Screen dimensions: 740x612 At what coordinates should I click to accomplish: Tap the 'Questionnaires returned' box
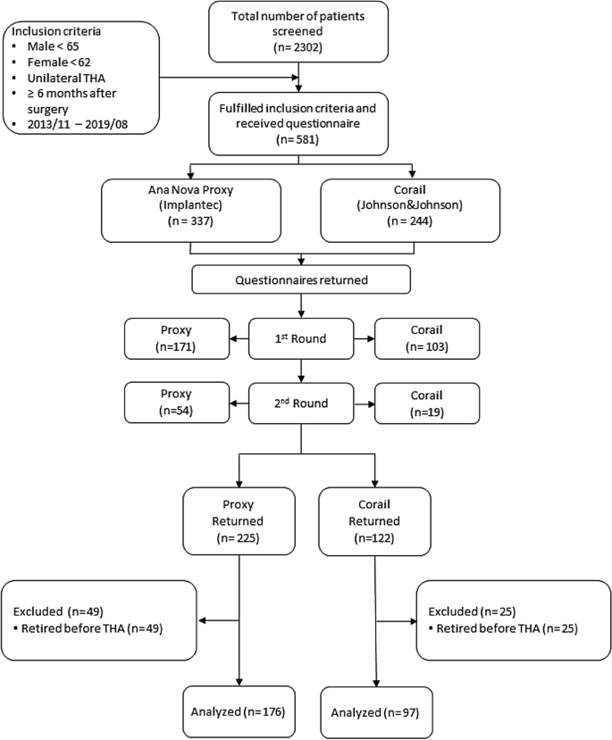coord(300,279)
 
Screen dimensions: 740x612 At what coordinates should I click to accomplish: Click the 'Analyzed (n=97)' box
coord(374,712)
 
